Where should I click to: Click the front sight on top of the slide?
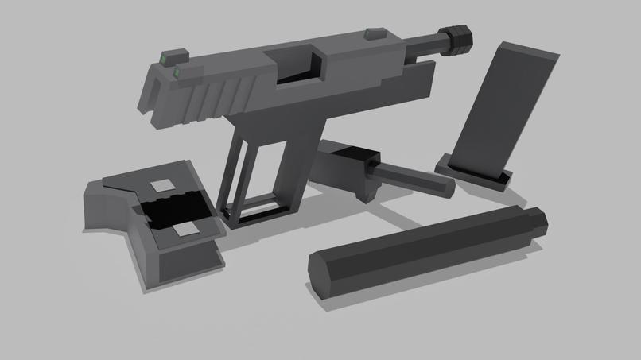[371, 33]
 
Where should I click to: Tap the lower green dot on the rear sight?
[176, 72]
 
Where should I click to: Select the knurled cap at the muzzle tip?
[459, 36]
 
